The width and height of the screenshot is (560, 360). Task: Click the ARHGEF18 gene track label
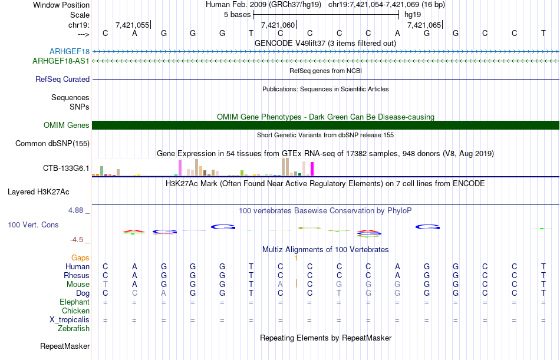[70, 52]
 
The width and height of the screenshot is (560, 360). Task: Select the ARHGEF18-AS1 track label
[61, 61]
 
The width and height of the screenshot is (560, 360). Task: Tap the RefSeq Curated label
[62, 79]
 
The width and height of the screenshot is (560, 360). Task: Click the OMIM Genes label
[67, 125]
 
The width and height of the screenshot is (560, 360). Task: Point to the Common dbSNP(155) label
[52, 143]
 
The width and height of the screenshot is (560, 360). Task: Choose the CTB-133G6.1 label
[66, 169]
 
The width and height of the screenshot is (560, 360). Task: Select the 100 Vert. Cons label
[33, 225]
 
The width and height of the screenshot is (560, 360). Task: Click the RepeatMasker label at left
[64, 346]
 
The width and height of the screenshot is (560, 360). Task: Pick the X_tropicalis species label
[70, 319]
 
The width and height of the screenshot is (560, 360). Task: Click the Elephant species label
[74, 302]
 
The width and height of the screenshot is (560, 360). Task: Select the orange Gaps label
[80, 257]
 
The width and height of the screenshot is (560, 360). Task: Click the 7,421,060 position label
[277, 25]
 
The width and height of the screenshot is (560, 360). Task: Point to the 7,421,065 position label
[423, 25]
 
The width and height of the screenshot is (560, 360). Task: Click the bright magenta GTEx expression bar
[312, 168]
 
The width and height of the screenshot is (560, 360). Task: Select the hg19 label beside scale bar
[412, 14]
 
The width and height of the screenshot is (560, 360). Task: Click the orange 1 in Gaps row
[296, 257]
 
